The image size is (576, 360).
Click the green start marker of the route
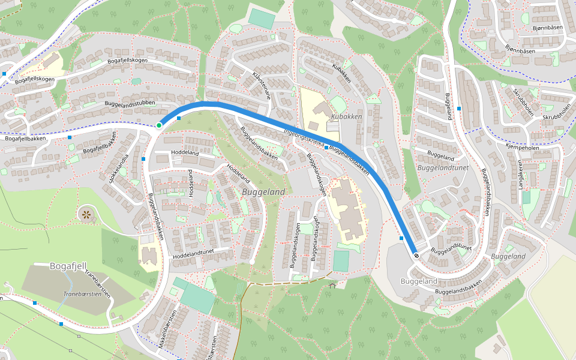pyautogui.click(x=159, y=125)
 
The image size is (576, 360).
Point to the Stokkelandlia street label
pyautogui.click(x=118, y=169)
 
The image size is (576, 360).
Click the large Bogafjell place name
pyautogui.click(x=69, y=266)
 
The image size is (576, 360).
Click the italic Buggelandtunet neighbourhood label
pyautogui.click(x=443, y=169)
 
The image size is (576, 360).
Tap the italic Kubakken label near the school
pyautogui.click(x=347, y=116)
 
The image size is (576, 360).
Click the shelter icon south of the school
pyautogui.click(x=332, y=286)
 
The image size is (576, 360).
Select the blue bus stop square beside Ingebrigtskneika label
pyautogui.click(x=326, y=147)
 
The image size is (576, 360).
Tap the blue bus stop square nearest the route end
pyautogui.click(x=401, y=238)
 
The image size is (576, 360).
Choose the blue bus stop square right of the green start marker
pyautogui.click(x=179, y=118)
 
